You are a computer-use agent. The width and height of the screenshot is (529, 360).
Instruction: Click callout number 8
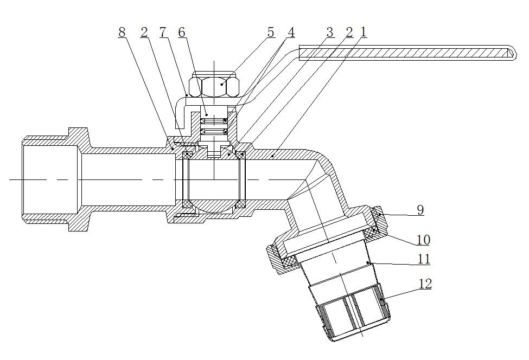tap(122, 33)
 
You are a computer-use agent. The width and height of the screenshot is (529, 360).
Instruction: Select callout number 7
tap(162, 33)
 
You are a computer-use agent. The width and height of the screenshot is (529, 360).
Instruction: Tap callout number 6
tap(181, 33)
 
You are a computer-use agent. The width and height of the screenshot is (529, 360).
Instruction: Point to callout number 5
tap(271, 33)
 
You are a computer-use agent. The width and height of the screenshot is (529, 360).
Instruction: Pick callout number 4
tap(291, 33)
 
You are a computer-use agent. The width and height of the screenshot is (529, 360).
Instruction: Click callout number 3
tap(330, 33)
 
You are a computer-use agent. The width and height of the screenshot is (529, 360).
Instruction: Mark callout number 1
tap(364, 33)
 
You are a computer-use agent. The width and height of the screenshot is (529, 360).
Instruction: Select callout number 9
tap(420, 210)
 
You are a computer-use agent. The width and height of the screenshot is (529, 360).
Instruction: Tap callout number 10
tap(423, 240)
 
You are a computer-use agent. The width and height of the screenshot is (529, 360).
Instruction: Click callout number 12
tap(425, 284)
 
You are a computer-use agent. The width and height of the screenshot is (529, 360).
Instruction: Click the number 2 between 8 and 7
tap(144, 33)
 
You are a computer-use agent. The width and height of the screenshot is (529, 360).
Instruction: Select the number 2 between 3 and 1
tap(349, 33)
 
